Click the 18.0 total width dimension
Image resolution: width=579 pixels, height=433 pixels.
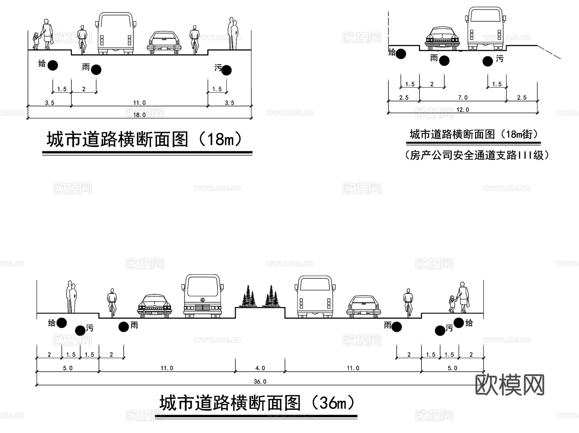(x=139, y=115)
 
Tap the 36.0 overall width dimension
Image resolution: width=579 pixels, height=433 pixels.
(x=260, y=382)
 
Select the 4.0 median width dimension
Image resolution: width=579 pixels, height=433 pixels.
(x=260, y=368)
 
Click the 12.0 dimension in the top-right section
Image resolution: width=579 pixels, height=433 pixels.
(x=463, y=110)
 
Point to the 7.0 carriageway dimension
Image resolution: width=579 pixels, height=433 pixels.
(x=463, y=97)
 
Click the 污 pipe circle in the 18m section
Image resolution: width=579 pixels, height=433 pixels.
(x=226, y=70)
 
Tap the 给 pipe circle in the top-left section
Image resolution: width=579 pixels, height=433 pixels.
(x=53, y=65)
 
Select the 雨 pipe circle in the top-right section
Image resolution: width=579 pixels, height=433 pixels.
(x=444, y=60)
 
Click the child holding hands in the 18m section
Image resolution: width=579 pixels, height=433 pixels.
(x=36, y=41)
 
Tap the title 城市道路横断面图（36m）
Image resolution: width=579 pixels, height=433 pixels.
(x=257, y=403)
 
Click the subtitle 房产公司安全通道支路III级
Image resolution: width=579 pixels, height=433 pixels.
(x=477, y=155)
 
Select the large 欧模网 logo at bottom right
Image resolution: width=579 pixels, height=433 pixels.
(x=510, y=384)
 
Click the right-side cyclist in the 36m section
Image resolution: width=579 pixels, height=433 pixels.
(x=408, y=302)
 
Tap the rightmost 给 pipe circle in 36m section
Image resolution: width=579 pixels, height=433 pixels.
(x=459, y=323)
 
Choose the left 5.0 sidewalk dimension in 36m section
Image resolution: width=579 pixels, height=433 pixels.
(x=68, y=368)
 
